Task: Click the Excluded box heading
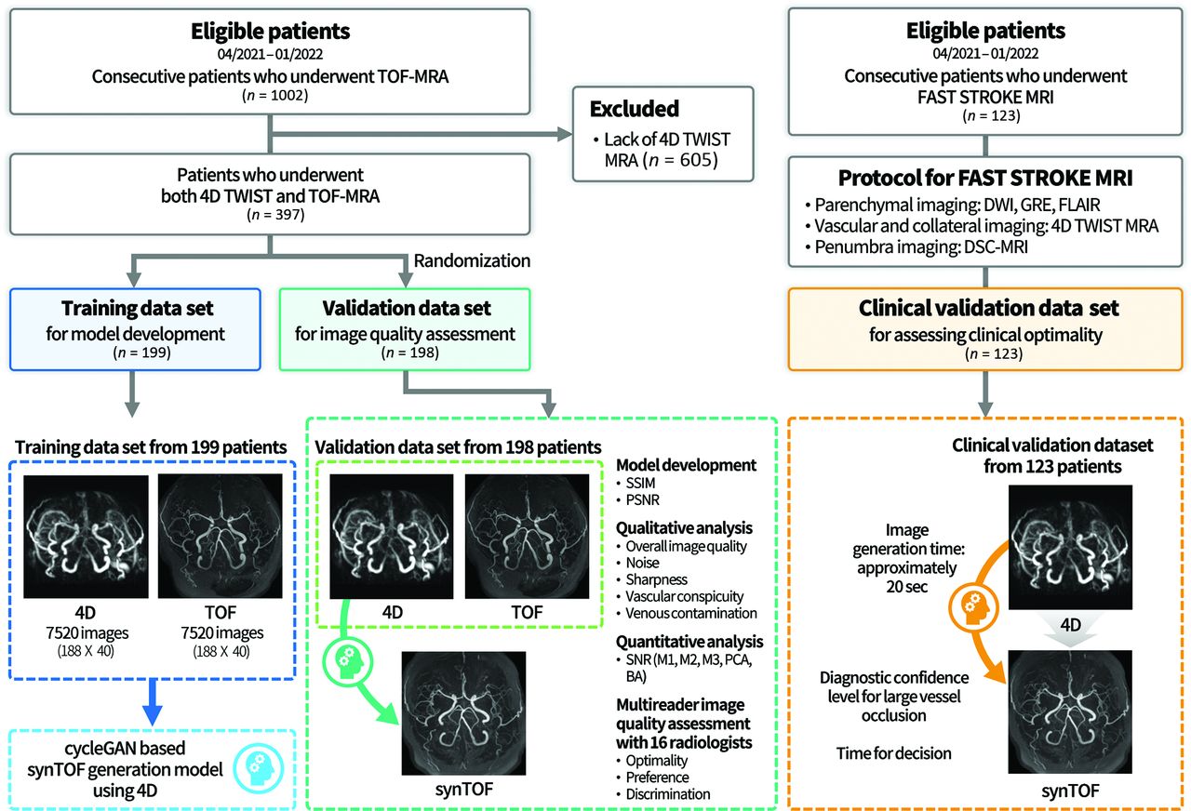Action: click(x=635, y=109)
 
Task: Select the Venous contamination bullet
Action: click(x=690, y=613)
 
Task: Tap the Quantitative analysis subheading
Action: click(x=689, y=642)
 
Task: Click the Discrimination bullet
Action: click(x=668, y=793)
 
